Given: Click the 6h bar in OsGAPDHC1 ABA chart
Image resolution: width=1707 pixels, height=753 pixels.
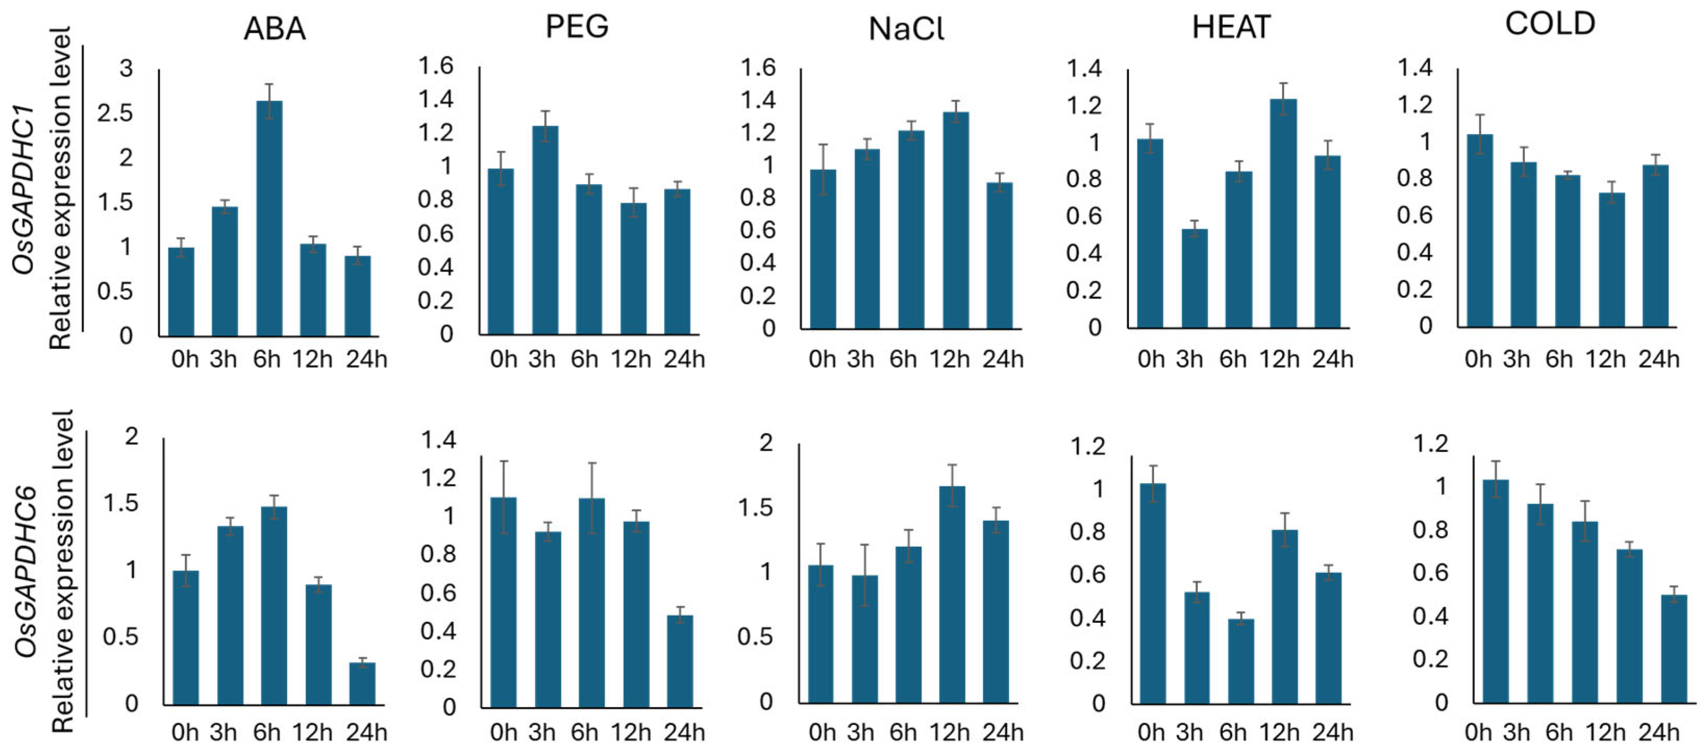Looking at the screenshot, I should click(x=269, y=219).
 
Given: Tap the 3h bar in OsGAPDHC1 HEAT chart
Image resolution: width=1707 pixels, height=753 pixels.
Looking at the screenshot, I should click(x=1194, y=279).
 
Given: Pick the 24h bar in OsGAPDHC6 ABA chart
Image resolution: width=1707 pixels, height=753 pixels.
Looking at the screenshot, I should click(x=362, y=683).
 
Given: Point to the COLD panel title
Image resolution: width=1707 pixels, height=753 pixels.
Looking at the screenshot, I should click(x=1550, y=24).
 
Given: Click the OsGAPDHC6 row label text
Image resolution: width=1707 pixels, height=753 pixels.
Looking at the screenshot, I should click(x=25, y=573).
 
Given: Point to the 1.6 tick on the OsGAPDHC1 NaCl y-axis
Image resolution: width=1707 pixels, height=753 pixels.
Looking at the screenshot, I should click(x=757, y=68).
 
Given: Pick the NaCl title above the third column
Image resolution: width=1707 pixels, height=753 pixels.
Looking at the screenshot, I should click(x=906, y=29).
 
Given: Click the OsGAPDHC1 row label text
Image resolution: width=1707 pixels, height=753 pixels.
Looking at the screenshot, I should click(x=24, y=189).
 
